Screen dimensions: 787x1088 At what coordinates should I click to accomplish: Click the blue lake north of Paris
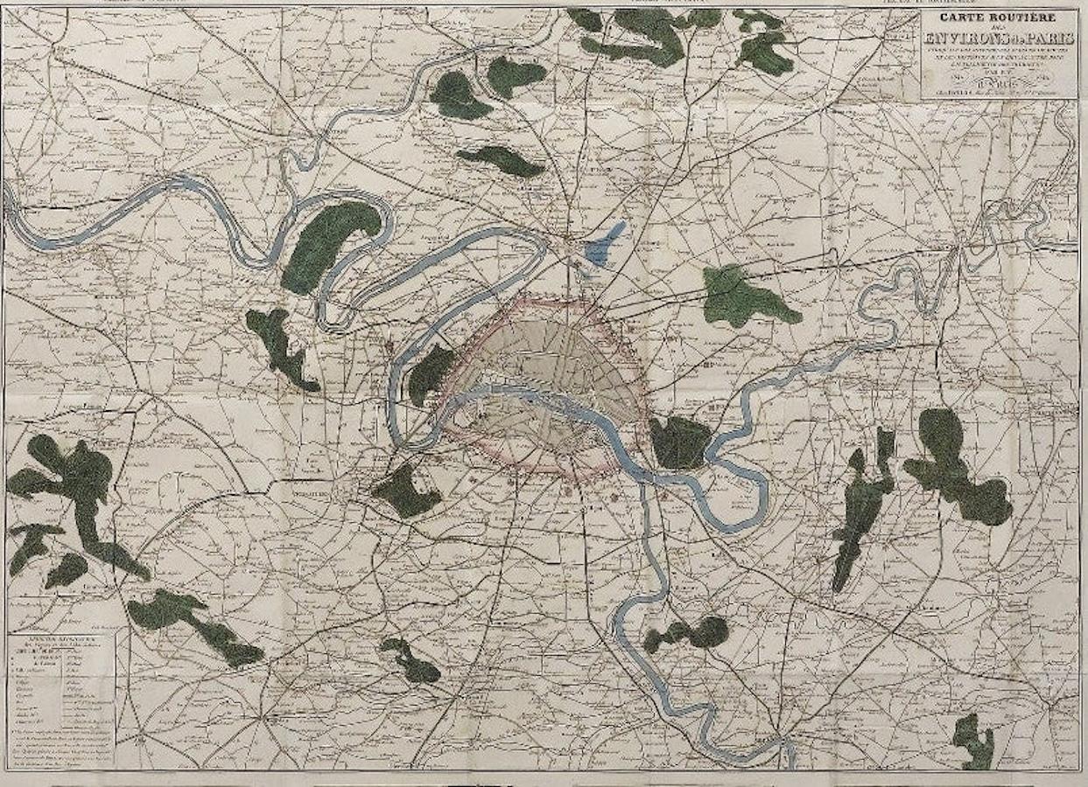pyautogui.click(x=606, y=243)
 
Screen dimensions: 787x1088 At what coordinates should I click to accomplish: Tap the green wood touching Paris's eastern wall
pyautogui.click(x=678, y=442)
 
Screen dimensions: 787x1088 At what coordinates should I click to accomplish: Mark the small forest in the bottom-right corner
pyautogui.click(x=974, y=740)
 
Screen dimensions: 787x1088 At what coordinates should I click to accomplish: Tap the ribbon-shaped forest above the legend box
pyautogui.click(x=197, y=623)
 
